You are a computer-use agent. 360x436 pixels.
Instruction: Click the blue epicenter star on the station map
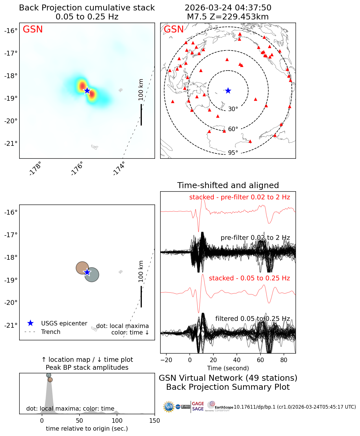[228, 91]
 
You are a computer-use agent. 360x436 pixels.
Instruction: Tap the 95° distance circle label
[233, 153]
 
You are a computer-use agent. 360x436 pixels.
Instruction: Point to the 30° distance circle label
[233, 109]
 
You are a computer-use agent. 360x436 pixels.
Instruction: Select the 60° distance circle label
[233, 129]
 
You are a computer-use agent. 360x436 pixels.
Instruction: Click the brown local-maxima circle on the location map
[82, 268]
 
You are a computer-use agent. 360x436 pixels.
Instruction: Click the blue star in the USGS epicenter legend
[30, 323]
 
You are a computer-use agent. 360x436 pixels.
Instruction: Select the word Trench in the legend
[51, 332]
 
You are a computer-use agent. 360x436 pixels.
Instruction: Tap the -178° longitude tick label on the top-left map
[36, 168]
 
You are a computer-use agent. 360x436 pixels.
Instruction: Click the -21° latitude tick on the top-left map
[11, 144]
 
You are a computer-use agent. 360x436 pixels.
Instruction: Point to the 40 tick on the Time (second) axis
[237, 360]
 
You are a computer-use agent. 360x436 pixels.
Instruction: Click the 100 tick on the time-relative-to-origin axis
[117, 421]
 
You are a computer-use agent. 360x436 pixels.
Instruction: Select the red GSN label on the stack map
[33, 29]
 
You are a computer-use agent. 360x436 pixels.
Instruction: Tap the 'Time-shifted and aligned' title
[228, 185]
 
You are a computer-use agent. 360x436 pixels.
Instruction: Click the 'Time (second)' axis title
[228, 368]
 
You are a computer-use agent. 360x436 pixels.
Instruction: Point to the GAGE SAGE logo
[198, 406]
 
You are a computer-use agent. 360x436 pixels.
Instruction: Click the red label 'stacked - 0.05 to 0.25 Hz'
[249, 278]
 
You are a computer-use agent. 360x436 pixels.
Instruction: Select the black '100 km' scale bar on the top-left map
[141, 114]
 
